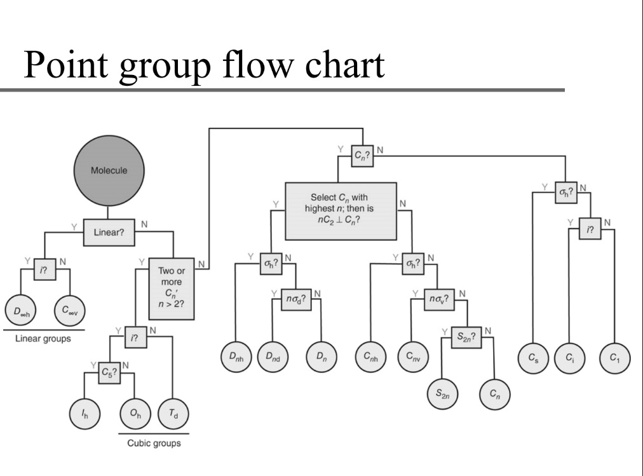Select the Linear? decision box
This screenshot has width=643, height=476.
pos(109,233)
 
